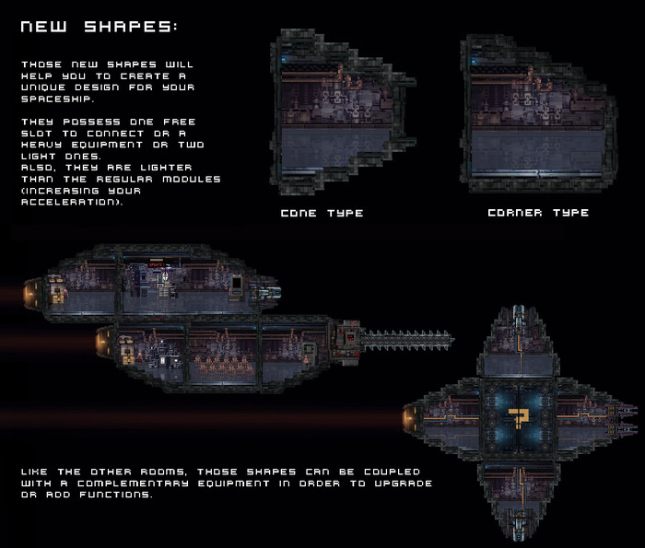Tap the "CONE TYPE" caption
(322, 213)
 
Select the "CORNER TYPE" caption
(537, 213)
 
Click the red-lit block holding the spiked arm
(349, 338)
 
